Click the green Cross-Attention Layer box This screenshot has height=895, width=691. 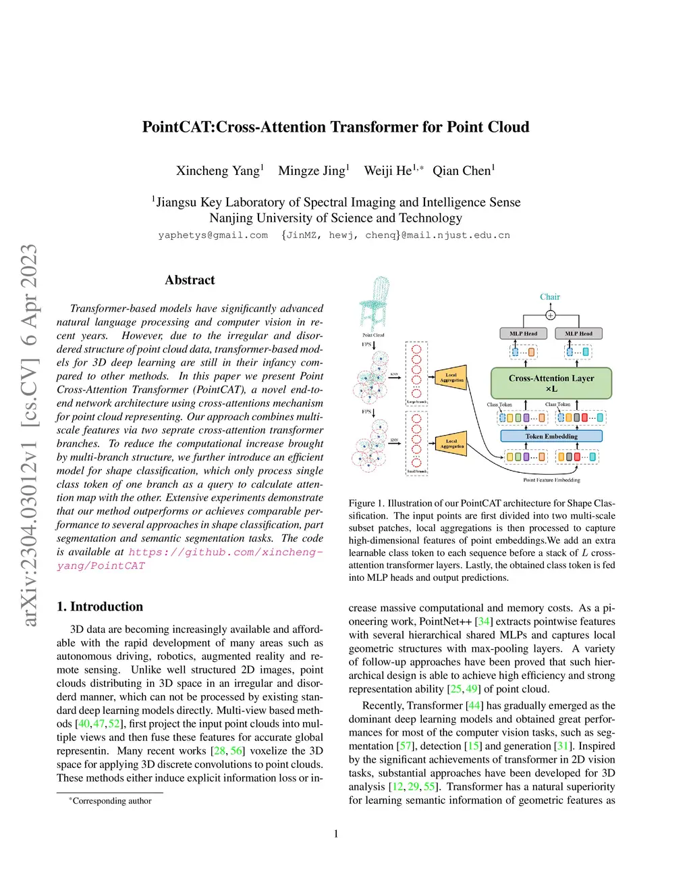pyautogui.click(x=551, y=383)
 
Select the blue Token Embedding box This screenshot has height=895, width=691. pyautogui.click(x=551, y=436)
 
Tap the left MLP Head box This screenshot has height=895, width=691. pyautogui.click(x=523, y=334)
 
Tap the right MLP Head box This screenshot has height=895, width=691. pyautogui.click(x=578, y=334)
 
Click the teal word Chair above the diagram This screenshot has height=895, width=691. pyautogui.click(x=550, y=297)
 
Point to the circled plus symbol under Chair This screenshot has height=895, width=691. pyautogui.click(x=551, y=315)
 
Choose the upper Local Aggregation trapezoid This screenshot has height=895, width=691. pyautogui.click(x=451, y=377)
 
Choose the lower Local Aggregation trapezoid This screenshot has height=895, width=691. pyautogui.click(x=451, y=444)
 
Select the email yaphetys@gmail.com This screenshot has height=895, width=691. pyautogui.click(x=213, y=235)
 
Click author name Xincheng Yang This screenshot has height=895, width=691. pyautogui.click(x=218, y=171)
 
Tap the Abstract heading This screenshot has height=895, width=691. pyautogui.click(x=190, y=280)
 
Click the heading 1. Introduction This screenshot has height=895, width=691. pyautogui.click(x=100, y=607)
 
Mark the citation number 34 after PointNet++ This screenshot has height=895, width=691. pyautogui.click(x=484, y=621)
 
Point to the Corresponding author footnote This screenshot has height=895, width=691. pyautogui.click(x=111, y=801)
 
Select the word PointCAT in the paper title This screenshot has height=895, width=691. pyautogui.click(x=177, y=127)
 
